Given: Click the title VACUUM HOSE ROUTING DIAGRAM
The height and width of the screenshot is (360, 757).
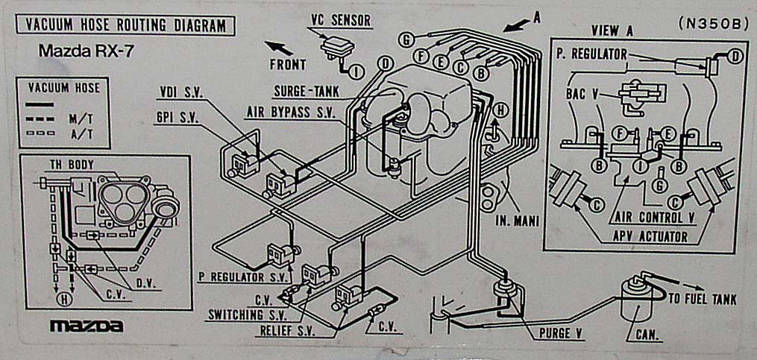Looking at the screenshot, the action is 125,25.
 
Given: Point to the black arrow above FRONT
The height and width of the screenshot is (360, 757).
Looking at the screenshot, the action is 279,48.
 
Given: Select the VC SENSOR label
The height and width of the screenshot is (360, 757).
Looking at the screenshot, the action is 340,20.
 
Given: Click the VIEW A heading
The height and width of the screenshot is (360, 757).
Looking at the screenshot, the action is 612,31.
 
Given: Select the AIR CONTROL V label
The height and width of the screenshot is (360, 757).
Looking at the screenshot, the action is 655,218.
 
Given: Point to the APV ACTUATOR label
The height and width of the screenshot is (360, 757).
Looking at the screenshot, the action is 650,236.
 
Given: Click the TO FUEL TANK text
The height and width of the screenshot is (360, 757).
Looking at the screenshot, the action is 703,300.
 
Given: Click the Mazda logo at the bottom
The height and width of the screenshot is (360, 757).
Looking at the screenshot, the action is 87,326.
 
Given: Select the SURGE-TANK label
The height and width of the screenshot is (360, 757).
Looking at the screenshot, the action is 306,91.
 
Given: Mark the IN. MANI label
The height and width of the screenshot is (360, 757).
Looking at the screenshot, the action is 517,221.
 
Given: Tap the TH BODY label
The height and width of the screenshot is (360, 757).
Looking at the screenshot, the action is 72,165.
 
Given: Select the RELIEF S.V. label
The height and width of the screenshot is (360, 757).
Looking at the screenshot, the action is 287,332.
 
